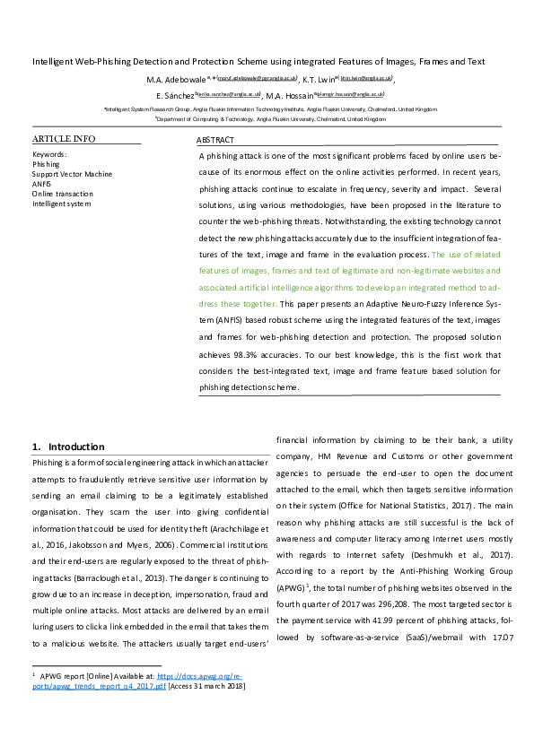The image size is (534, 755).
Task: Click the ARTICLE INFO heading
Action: (63, 140)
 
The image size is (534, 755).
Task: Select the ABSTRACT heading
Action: (215, 141)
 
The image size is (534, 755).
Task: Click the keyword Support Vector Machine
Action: (73, 174)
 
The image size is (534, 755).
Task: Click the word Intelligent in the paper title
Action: (56, 62)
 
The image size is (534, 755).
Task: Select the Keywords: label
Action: (49, 154)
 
